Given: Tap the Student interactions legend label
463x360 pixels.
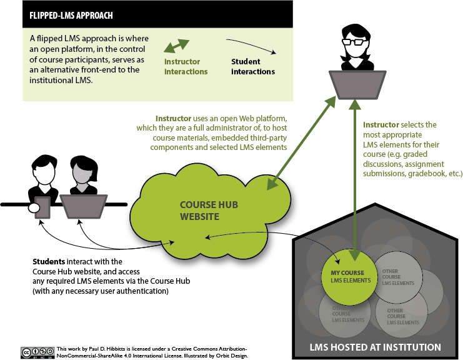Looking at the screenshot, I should tap(253, 67).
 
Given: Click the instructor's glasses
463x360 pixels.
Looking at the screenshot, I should tap(354, 42).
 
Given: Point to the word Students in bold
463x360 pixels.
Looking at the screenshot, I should tap(48, 261).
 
